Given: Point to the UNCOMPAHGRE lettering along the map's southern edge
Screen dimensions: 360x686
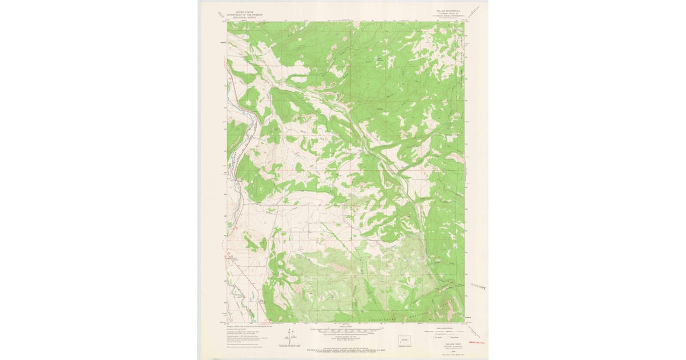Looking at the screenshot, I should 385,318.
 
